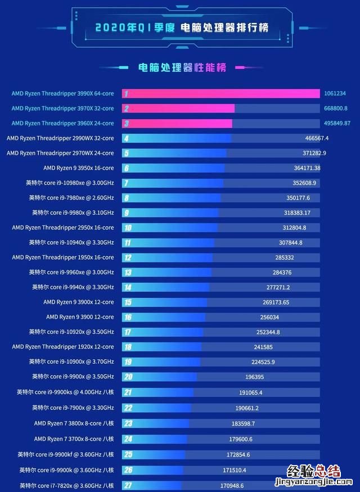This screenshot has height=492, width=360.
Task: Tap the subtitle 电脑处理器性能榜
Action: point(182,68)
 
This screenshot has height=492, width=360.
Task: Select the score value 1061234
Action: point(335,93)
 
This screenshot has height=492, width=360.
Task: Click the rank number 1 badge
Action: point(127,93)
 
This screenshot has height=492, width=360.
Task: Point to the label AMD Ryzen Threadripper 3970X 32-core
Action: point(62,109)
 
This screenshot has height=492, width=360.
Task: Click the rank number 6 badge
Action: point(127,168)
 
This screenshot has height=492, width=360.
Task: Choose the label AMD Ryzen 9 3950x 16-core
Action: point(78,168)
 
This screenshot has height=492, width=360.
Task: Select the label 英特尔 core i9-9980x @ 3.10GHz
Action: point(73,213)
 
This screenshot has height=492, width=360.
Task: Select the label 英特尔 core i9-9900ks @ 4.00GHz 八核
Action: point(65,392)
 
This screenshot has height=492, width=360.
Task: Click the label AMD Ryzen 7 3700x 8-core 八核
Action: point(74,439)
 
